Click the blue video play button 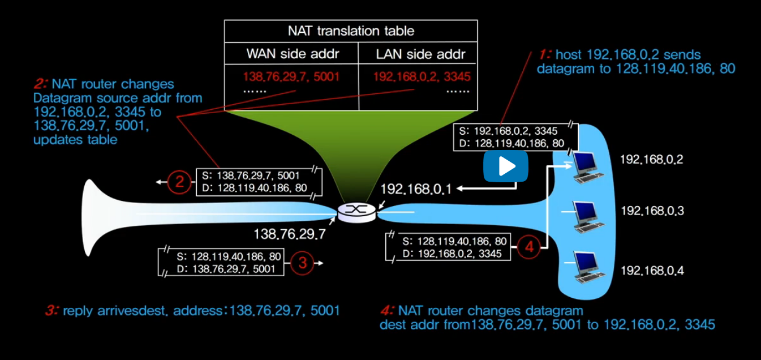(505, 166)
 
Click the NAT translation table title (351, 31)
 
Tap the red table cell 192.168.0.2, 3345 (422, 76)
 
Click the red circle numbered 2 (179, 182)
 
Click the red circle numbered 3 (302, 263)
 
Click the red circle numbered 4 (529, 247)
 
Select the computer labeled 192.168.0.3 (586, 216)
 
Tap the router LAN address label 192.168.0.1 (416, 189)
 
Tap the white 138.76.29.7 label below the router (289, 234)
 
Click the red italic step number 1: (544, 55)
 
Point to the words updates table (75, 140)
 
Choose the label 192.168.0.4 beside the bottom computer (652, 271)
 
